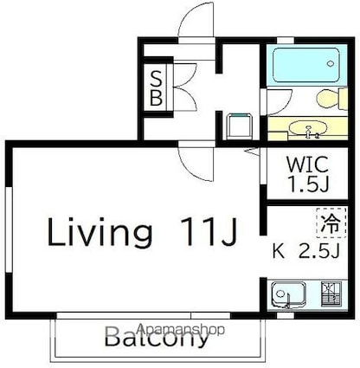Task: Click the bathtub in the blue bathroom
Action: pos(306,65)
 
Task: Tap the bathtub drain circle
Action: pos(330,63)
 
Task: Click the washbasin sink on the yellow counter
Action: pos(308,128)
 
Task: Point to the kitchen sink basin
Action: pos(289,294)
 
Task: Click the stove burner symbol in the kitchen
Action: pos(331,294)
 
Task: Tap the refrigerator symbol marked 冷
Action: pos(331,223)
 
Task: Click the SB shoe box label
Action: pos(156,87)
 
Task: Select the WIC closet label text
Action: pos(307,165)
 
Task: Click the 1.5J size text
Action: pos(309,184)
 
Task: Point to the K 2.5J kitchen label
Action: pos(305,252)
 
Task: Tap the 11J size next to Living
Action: pos(209,230)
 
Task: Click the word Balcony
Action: pos(156,337)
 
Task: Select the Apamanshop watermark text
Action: pos(180,329)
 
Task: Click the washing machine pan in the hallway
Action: pos(239,126)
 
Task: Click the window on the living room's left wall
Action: pos(9,229)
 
